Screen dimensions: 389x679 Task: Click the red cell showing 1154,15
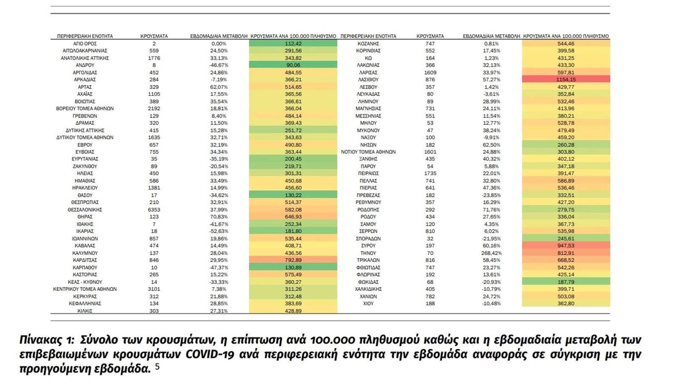click(x=566, y=79)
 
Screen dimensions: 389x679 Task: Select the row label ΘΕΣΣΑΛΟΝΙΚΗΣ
click(x=85, y=210)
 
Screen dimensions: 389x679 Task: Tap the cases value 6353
click(x=154, y=210)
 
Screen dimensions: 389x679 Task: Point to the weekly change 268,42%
click(x=491, y=253)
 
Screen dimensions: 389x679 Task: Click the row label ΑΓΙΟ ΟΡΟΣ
click(x=85, y=43)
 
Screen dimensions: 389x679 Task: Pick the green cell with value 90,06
click(x=293, y=65)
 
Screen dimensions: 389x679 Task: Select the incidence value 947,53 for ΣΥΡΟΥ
click(x=566, y=246)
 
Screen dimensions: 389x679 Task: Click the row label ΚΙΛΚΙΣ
click(x=85, y=311)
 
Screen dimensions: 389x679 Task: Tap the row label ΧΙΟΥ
click(x=368, y=304)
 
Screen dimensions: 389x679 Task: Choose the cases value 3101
click(x=154, y=289)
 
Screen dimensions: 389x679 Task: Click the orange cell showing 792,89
click(x=293, y=260)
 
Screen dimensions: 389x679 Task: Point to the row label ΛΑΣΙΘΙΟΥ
click(x=368, y=79)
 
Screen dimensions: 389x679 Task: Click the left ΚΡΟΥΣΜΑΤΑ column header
click(x=154, y=36)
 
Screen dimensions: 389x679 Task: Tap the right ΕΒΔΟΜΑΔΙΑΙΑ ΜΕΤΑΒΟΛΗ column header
click(x=491, y=36)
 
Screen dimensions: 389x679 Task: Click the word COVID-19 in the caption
click(x=210, y=354)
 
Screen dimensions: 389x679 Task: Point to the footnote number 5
click(x=157, y=366)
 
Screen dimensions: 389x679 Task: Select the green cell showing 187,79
click(x=566, y=282)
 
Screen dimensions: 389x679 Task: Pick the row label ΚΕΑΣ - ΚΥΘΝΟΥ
click(x=85, y=282)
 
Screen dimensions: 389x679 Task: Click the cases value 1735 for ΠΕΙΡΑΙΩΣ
click(x=430, y=173)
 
